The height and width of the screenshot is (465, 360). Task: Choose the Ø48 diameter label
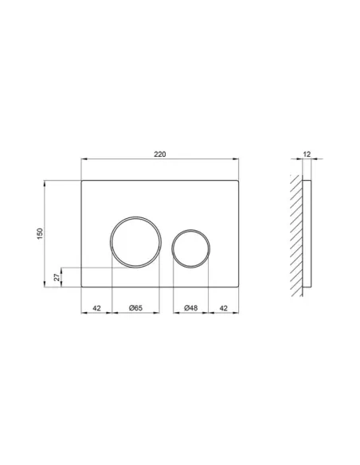[190, 307]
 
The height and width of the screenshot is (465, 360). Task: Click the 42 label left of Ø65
[96, 307]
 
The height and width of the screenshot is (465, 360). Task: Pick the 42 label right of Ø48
[225, 307]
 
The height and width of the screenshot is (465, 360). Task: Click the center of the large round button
[135, 241]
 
